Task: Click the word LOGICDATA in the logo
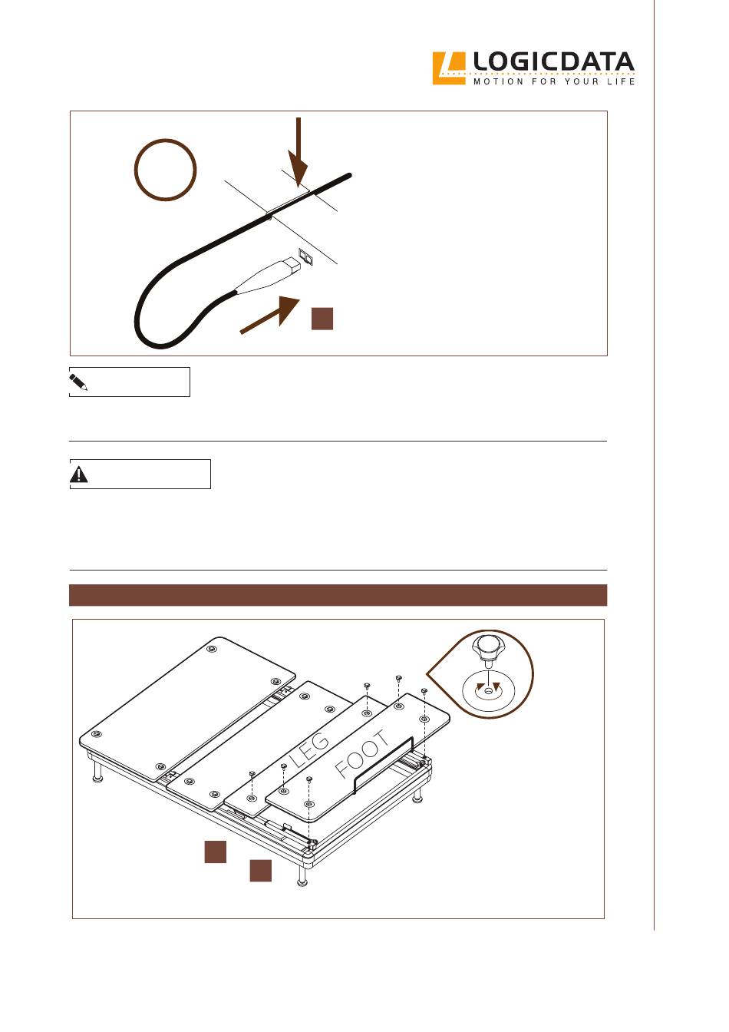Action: (553, 61)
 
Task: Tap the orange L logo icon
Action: (449, 68)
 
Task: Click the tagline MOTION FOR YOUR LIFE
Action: (554, 81)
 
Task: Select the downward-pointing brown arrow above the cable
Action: (299, 152)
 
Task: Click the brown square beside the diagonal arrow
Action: (322, 319)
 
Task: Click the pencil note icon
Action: (78, 382)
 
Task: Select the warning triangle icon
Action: (79, 474)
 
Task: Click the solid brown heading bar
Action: (338, 595)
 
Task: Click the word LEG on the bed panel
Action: (309, 749)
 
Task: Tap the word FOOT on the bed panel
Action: (362, 755)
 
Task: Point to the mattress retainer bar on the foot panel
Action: (383, 766)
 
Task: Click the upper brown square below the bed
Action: (216, 852)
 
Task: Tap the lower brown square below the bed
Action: (261, 871)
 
